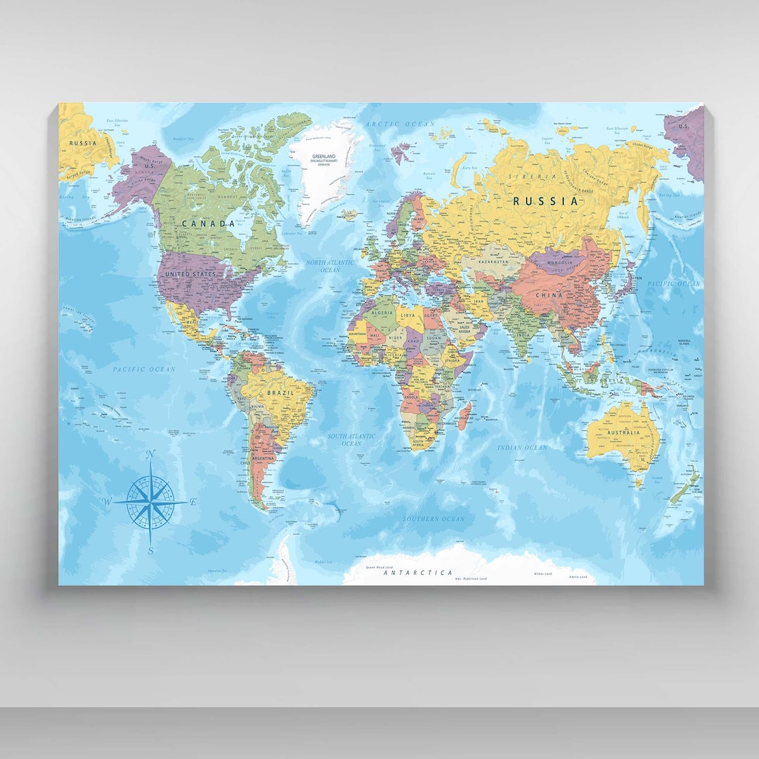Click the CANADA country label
click(208, 223)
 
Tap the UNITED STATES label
click(190, 273)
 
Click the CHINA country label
click(549, 295)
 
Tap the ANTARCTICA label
click(418, 573)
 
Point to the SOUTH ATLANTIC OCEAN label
click(351, 440)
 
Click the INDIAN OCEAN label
click(522, 448)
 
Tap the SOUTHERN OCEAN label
click(434, 519)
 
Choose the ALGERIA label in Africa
click(383, 312)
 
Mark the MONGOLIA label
click(559, 263)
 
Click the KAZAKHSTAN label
click(493, 262)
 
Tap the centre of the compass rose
click(150, 500)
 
